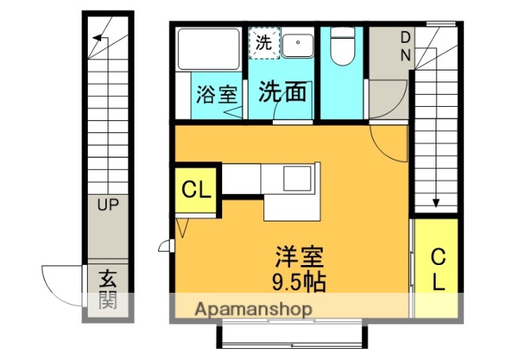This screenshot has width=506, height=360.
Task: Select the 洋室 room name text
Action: pos(300,258)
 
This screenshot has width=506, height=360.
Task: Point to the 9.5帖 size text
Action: pos(300,280)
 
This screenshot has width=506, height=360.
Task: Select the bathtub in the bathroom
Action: pos(208,49)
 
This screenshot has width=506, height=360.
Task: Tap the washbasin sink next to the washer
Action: pos(298,45)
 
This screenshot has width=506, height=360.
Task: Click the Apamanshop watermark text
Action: pos(252,309)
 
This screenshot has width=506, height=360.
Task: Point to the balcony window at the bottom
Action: pos(290,335)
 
